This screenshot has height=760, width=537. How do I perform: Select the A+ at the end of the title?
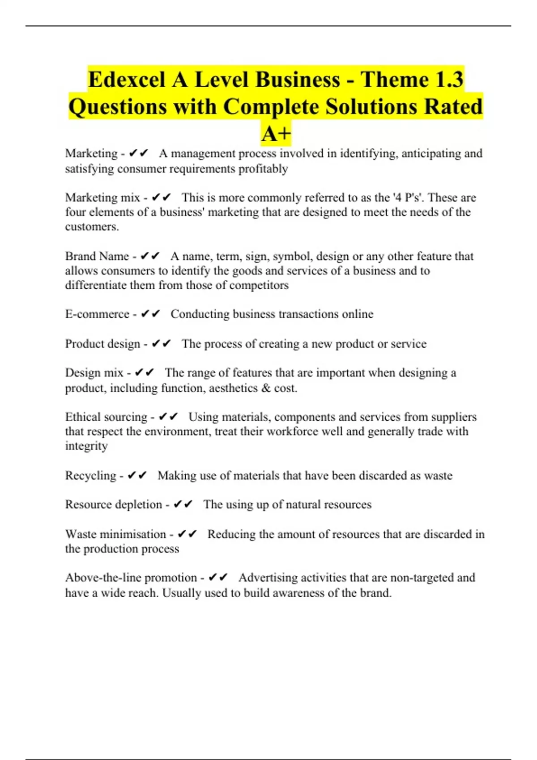pyautogui.click(x=276, y=133)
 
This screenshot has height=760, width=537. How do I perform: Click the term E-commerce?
pyautogui.click(x=97, y=314)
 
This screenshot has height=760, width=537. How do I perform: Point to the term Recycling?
pyautogui.click(x=90, y=475)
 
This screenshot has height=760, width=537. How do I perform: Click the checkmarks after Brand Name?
pyautogui.click(x=150, y=256)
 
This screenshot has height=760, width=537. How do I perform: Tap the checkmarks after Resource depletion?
pyautogui.click(x=183, y=504)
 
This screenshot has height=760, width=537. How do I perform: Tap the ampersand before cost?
pyautogui.click(x=266, y=388)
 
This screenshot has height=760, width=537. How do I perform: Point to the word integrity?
pyautogui.click(x=86, y=446)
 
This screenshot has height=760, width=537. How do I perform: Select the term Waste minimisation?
pyautogui.click(x=115, y=534)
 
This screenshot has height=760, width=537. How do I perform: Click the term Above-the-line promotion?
pyautogui.click(x=131, y=578)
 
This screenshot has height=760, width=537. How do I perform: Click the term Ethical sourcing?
pyautogui.click(x=106, y=417)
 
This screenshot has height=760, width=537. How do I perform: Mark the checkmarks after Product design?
pyautogui.click(x=161, y=343)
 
